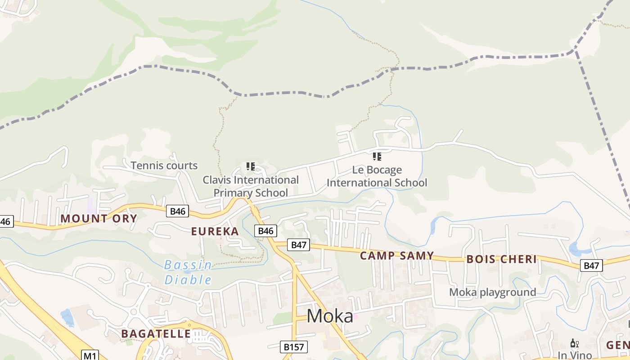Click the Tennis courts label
164,166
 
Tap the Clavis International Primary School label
251,186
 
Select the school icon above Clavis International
251,167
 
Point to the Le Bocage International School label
377,176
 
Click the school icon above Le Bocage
377,157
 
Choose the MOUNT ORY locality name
99,219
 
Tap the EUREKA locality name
215,231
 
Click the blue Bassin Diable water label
188,272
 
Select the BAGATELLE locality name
156,333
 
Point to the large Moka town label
330,316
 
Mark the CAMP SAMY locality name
397,256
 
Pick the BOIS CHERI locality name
501,259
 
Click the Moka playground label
492,292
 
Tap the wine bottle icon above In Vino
574,343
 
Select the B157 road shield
294,347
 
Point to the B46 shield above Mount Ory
177,211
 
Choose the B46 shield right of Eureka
265,231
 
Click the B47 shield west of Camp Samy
299,245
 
